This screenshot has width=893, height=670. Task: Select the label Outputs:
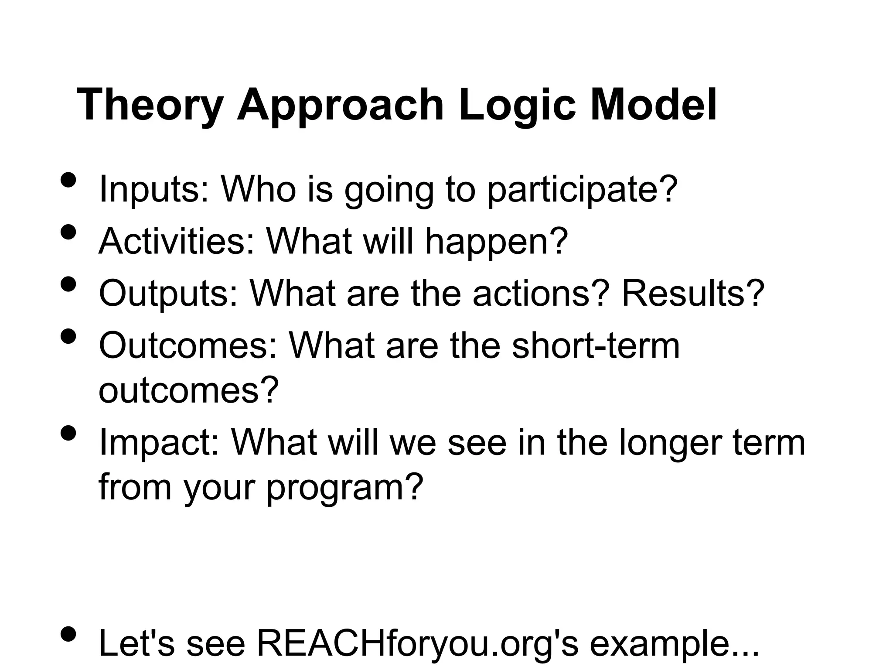168,293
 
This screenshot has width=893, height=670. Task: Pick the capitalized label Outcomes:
188,345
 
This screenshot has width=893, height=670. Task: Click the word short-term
596,345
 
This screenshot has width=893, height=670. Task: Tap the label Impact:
159,442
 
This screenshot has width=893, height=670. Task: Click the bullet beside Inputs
68,180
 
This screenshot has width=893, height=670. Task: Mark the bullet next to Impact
68,433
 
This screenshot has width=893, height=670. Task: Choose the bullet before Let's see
68,633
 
